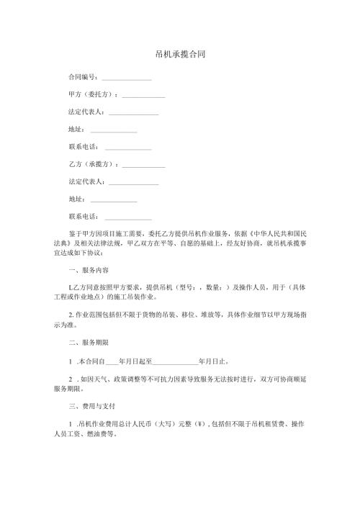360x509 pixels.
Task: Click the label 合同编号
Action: tap(82, 76)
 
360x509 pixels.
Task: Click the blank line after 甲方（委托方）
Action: tap(143, 96)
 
